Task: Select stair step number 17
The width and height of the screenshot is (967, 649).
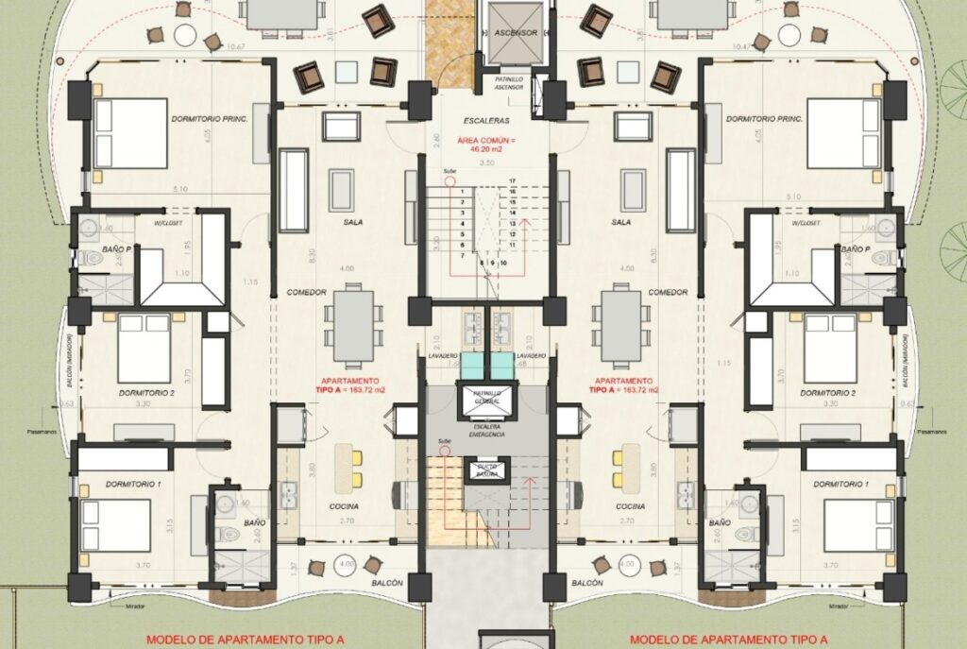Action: click(513, 180)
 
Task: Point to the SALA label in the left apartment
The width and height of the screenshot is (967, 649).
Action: click(354, 222)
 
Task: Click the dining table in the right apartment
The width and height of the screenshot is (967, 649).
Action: click(620, 326)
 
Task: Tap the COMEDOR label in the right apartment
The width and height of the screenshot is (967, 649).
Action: click(669, 293)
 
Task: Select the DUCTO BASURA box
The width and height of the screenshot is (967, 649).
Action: click(487, 470)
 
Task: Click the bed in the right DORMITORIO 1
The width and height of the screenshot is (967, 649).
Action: click(858, 525)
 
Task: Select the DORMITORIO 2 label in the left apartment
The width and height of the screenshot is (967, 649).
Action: click(143, 392)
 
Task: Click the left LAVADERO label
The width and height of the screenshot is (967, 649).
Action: click(443, 356)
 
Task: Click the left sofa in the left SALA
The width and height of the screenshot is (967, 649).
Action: click(294, 189)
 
